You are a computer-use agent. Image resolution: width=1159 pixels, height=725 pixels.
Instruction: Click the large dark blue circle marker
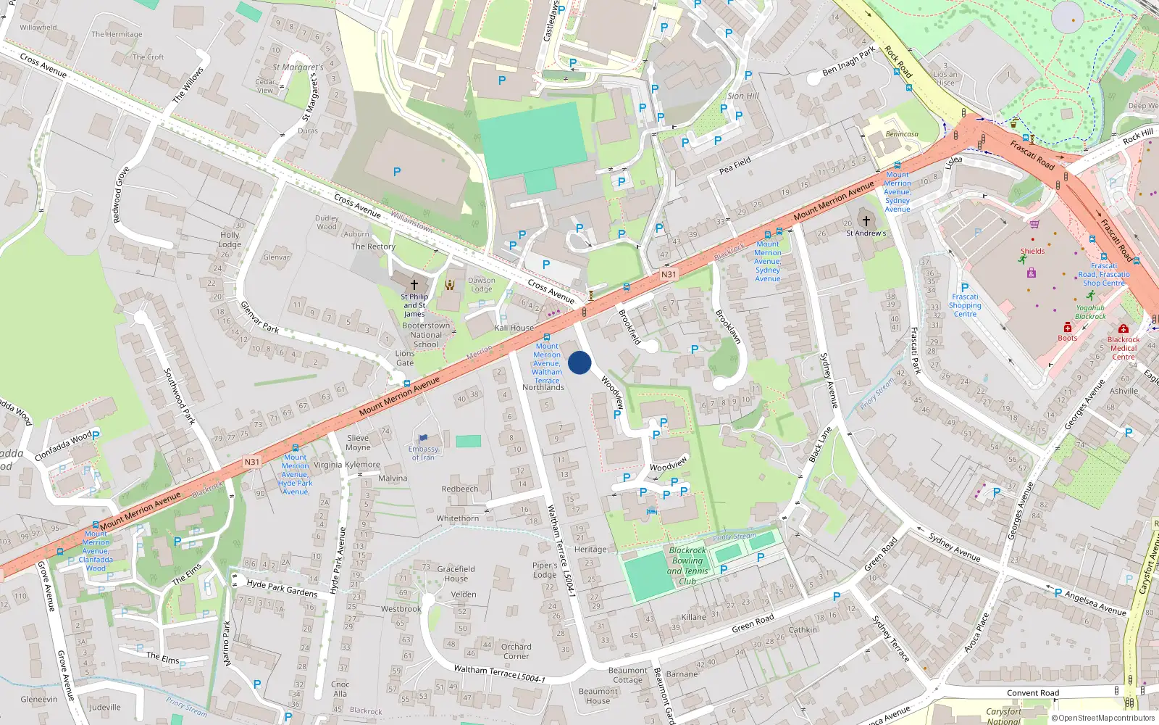[579, 362]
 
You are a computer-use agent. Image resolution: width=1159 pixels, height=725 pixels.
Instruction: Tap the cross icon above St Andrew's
[866, 220]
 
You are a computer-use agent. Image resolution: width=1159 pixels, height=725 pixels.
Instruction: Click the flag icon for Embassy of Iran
[423, 438]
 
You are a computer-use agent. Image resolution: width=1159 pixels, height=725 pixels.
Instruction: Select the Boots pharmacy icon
[1067, 328]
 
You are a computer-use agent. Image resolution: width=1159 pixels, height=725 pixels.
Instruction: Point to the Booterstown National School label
[426, 335]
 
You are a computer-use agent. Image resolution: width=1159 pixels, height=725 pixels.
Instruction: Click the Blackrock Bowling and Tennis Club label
[687, 565]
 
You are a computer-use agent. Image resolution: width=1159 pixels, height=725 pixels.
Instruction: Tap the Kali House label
[514, 328]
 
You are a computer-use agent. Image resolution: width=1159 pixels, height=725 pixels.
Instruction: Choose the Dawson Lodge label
[482, 284]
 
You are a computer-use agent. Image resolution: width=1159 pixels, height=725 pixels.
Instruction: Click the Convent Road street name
[1033, 693]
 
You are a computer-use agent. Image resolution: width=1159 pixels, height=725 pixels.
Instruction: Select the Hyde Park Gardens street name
[282, 587]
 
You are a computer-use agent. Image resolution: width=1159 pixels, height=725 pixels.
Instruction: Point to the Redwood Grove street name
[120, 194]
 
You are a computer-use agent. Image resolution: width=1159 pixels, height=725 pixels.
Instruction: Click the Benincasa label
[902, 134]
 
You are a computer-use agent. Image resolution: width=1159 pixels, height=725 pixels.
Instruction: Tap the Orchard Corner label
[516, 651]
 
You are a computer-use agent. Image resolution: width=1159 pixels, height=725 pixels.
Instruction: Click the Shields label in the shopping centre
[1033, 252]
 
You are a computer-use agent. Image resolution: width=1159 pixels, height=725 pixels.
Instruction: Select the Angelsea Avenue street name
[1095, 602]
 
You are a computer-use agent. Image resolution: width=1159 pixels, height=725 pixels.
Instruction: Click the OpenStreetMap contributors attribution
[1103, 718]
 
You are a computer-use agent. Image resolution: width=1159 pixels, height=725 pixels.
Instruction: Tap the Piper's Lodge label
[545, 570]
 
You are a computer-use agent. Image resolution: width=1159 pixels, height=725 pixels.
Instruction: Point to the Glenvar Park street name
[259, 317]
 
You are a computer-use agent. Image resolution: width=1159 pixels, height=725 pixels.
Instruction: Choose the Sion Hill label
[743, 96]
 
